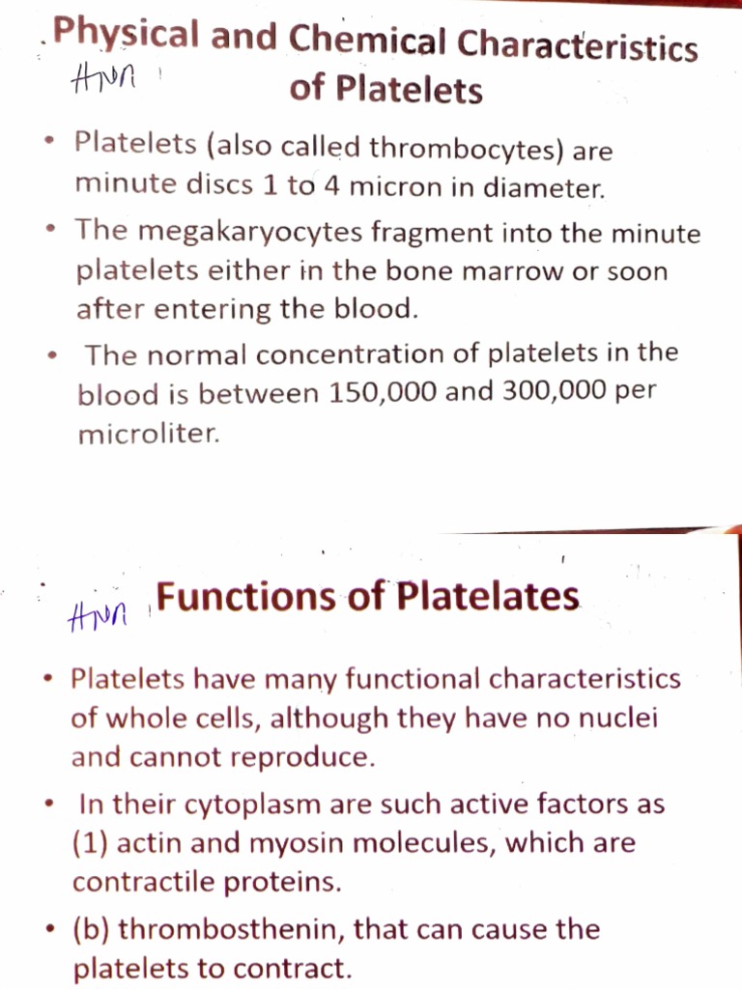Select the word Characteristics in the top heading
(578, 44)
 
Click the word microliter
(148, 434)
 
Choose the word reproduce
(304, 757)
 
